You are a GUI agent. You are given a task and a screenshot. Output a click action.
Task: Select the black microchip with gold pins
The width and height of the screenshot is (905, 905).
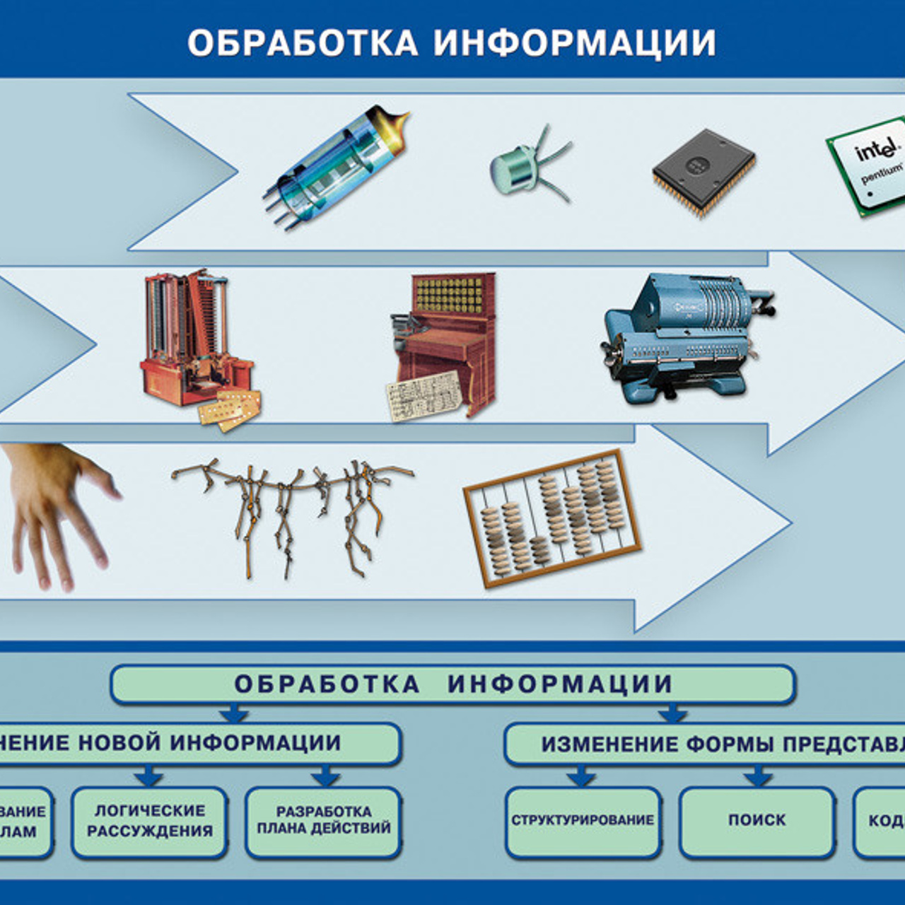point(703,170)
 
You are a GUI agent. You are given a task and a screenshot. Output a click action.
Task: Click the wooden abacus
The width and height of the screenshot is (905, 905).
point(552,518)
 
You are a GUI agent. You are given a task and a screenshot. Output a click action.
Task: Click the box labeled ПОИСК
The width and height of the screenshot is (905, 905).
point(757,820)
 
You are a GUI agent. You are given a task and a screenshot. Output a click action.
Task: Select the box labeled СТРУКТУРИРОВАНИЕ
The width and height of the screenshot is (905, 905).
point(583,820)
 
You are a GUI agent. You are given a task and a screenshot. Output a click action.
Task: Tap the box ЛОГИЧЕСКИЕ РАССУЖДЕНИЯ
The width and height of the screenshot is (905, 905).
point(149,820)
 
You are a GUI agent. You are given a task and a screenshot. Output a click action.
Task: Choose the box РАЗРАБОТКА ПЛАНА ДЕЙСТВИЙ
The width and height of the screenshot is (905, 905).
point(323,820)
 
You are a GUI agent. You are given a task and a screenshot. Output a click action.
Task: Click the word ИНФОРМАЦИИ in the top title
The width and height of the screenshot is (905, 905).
point(574,42)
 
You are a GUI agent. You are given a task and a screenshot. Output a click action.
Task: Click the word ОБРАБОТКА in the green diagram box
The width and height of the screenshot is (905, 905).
point(327,684)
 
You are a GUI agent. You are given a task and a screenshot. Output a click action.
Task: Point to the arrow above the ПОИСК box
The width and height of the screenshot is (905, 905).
point(757,777)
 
